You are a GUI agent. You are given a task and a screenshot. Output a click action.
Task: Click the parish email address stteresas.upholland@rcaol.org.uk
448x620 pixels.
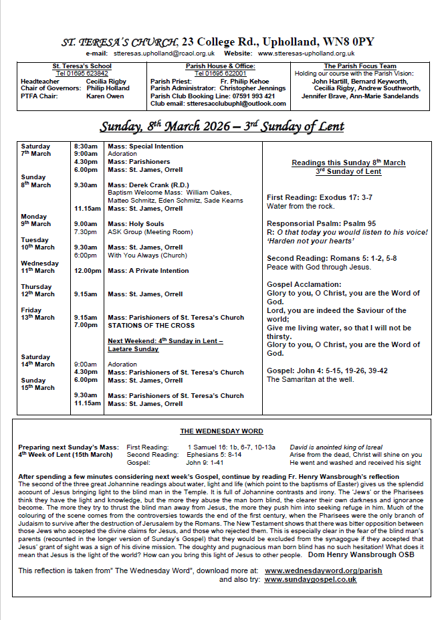[x=164, y=53]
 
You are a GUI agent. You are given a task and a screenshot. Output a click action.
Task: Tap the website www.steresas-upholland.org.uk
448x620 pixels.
[x=306, y=53]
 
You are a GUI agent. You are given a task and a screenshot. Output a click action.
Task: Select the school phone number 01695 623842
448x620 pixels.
[x=82, y=73]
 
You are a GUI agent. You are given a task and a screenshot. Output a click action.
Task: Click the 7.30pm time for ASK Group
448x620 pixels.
[x=86, y=232]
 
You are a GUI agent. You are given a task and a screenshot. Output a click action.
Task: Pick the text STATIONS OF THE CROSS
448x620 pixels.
[x=151, y=326]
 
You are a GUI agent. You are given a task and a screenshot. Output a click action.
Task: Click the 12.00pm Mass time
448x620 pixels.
[x=88, y=271]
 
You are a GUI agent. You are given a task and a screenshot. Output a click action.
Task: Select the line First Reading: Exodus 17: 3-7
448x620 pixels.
[x=320, y=198]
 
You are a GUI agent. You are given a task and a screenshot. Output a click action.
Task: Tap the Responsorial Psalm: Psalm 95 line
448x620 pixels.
[x=322, y=223]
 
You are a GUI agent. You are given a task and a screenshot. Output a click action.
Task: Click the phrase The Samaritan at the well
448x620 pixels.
[x=310, y=379]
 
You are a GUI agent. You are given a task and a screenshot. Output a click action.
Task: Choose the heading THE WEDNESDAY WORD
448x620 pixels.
[x=221, y=431]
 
